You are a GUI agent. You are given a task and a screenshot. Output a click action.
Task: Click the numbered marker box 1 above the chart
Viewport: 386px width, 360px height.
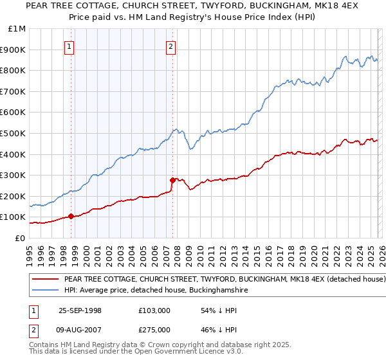69,46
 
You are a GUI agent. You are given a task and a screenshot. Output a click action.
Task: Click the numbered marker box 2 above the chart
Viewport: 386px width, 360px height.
171,46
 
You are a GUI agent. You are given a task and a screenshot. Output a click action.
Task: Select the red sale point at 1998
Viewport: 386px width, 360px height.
71,217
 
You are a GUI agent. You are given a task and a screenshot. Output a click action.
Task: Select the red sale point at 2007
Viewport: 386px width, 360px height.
172,180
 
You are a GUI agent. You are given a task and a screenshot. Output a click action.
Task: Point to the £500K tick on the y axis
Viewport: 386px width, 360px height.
13,133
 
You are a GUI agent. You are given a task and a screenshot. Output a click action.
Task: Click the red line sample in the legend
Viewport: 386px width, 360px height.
45,280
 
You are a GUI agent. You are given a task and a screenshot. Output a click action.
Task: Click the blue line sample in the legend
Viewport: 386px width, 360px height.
45,291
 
